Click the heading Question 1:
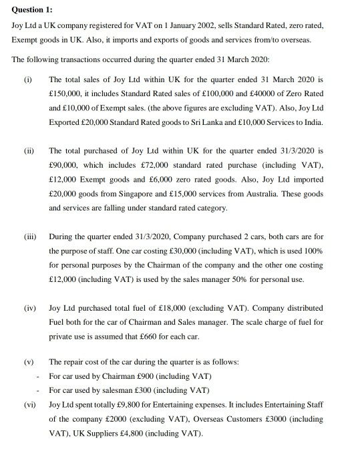point(32,9)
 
